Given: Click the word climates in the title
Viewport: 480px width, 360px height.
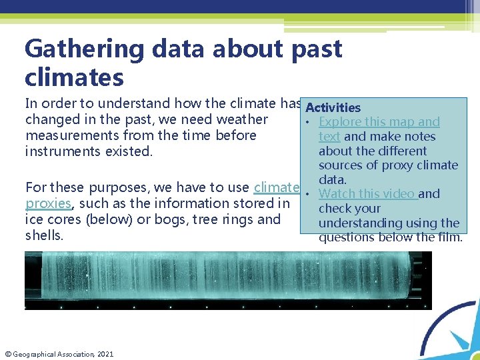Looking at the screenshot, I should (74, 78).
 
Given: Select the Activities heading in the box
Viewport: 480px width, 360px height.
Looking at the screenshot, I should (333, 107).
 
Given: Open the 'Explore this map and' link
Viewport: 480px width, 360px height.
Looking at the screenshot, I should (379, 122).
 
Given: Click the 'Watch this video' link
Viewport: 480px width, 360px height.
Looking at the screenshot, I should (367, 194).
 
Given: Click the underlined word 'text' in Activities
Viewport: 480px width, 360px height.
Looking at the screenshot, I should (329, 137).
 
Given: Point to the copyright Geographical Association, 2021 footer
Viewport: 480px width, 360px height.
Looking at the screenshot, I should (59, 353).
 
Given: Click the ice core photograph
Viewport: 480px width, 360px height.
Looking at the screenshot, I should (227, 280).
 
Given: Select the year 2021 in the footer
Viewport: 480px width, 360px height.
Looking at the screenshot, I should (105, 353).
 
